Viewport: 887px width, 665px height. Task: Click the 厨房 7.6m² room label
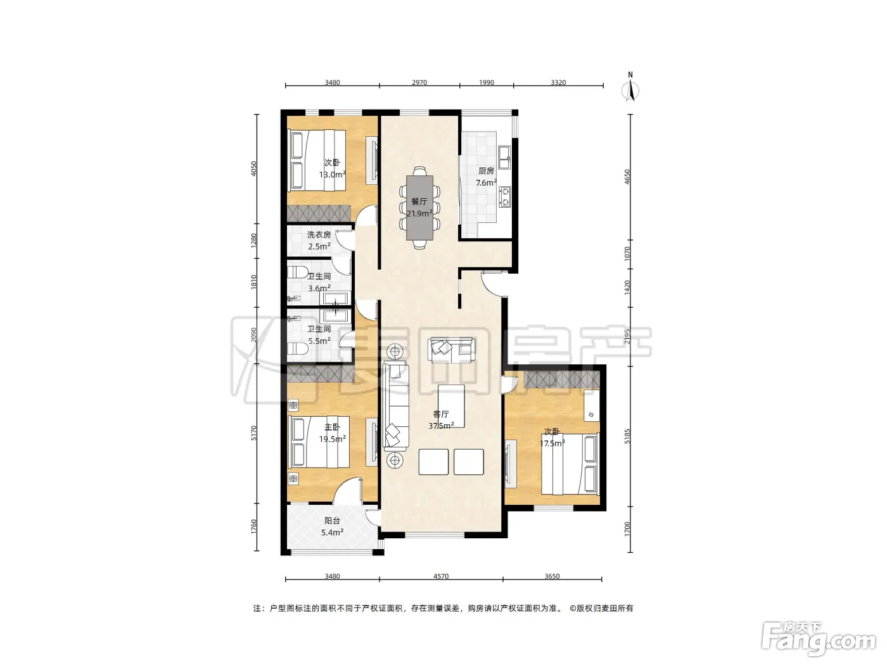(x=486, y=177)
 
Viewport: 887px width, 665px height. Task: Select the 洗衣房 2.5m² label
(x=319, y=240)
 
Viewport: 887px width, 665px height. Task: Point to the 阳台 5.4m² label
(x=332, y=526)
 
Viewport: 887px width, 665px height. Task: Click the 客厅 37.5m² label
(x=441, y=419)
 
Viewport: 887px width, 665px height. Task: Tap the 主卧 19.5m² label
(x=332, y=433)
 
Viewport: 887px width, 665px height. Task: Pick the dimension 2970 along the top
(x=419, y=82)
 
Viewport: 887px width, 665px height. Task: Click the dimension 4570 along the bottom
(x=441, y=576)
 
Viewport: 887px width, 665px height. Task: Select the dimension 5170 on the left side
(x=254, y=433)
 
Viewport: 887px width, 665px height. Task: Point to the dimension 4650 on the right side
(x=627, y=177)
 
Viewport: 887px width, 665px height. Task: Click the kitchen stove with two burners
(x=505, y=196)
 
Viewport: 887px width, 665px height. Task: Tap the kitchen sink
(x=504, y=158)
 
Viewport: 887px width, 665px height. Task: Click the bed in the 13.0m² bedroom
(x=316, y=160)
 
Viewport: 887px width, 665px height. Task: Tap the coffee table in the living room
(x=451, y=406)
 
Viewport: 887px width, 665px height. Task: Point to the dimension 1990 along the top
(x=487, y=82)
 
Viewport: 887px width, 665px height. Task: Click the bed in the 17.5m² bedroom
(x=570, y=464)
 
